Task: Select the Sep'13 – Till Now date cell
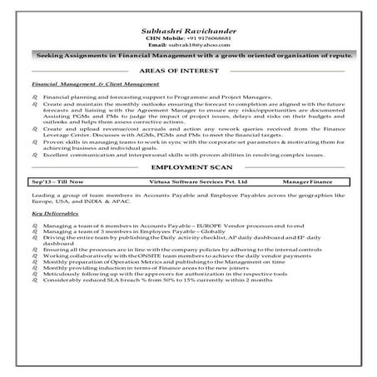click(53, 203)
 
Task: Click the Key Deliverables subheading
click(51, 238)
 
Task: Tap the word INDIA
click(84, 224)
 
